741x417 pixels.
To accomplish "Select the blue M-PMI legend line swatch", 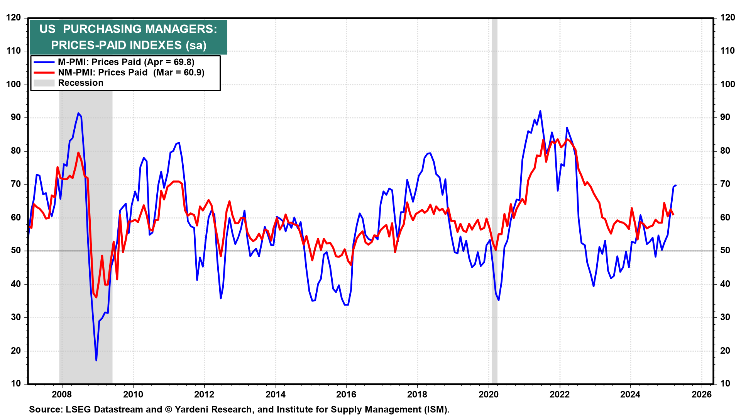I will [44, 62].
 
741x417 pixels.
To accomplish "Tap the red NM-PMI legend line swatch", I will [44, 73].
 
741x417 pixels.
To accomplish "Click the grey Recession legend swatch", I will [44, 83].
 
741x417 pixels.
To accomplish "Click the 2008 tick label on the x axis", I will [62, 395].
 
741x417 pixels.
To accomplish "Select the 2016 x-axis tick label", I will [346, 395].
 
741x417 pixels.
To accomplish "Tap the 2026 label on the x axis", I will [702, 395].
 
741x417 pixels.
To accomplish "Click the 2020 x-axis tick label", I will [489, 395].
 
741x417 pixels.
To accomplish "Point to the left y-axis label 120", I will [14, 18].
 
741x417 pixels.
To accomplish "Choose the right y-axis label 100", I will [727, 85].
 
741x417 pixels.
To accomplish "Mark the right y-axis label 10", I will [725, 384].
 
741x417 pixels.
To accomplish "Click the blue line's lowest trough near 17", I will [96, 360].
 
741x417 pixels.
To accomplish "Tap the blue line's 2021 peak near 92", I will [540, 111].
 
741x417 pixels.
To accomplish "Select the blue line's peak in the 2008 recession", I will [78, 113].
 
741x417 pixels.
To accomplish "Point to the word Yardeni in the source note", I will [193, 410].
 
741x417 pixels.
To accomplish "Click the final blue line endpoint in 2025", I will [676, 185].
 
